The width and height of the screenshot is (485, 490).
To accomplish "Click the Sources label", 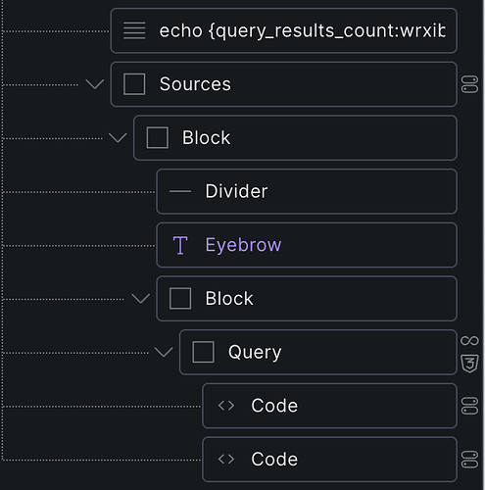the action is point(195,84).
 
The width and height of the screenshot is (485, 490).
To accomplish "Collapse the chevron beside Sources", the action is point(95,84).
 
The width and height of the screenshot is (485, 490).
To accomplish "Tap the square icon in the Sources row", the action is point(134,84).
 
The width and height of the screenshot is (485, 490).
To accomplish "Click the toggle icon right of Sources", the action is point(469,84).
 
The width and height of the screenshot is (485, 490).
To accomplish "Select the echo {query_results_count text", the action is point(302,31).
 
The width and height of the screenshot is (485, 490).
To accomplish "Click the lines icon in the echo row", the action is point(134,30).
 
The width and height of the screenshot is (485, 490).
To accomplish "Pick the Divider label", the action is point(236,191).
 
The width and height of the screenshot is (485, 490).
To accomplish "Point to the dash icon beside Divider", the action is point(180,191).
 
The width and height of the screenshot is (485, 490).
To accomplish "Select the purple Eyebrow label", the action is point(243,245).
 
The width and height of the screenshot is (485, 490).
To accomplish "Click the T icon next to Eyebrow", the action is point(180,245).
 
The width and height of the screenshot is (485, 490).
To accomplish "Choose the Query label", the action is point(255,352).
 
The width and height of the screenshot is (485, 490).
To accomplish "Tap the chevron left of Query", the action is point(164,352).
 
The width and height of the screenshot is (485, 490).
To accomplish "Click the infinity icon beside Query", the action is point(469,341).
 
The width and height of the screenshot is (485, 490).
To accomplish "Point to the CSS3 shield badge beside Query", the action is point(469,364).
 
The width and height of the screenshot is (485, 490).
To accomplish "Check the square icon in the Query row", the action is point(203,352).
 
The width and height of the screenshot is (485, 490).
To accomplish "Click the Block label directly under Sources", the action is point(206,137).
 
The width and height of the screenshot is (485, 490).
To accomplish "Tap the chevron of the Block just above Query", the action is point(140,299).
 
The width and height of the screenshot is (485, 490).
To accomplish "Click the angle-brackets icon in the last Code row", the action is point(226,460).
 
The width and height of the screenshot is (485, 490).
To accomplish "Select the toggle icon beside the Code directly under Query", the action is point(469,406).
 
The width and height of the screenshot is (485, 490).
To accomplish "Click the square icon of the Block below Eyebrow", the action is point(180,299).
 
